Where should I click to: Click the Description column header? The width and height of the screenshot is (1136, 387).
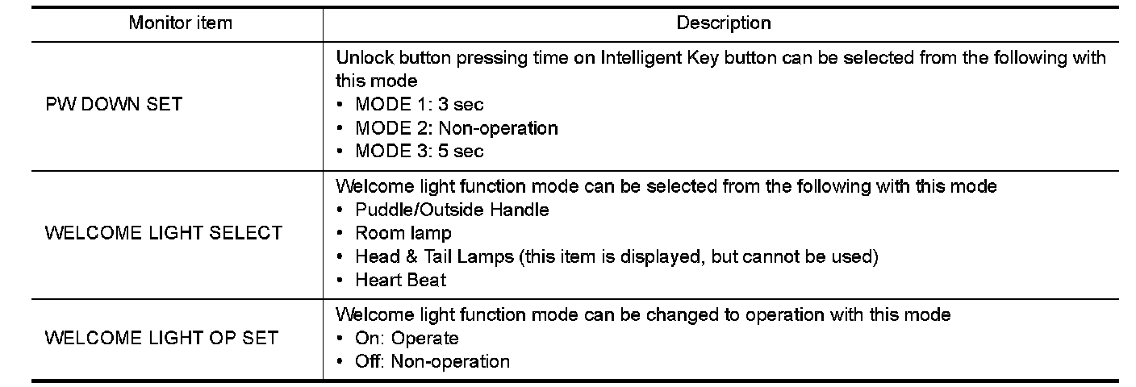723,23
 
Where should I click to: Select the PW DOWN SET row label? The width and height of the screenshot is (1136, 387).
114,104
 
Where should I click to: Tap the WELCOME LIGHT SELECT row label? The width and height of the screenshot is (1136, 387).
164,233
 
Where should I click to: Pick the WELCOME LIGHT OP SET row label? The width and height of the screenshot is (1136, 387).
161,337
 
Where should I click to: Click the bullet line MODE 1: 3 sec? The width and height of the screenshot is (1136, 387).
419,104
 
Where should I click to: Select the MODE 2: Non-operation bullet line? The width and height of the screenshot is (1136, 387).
456,127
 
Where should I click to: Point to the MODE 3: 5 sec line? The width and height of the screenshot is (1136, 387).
419,151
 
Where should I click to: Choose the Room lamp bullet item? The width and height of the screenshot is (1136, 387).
403,233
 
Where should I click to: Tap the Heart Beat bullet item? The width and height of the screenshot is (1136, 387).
400,280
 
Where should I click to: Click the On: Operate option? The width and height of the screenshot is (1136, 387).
407,338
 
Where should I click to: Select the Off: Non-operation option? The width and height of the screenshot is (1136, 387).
432,361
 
